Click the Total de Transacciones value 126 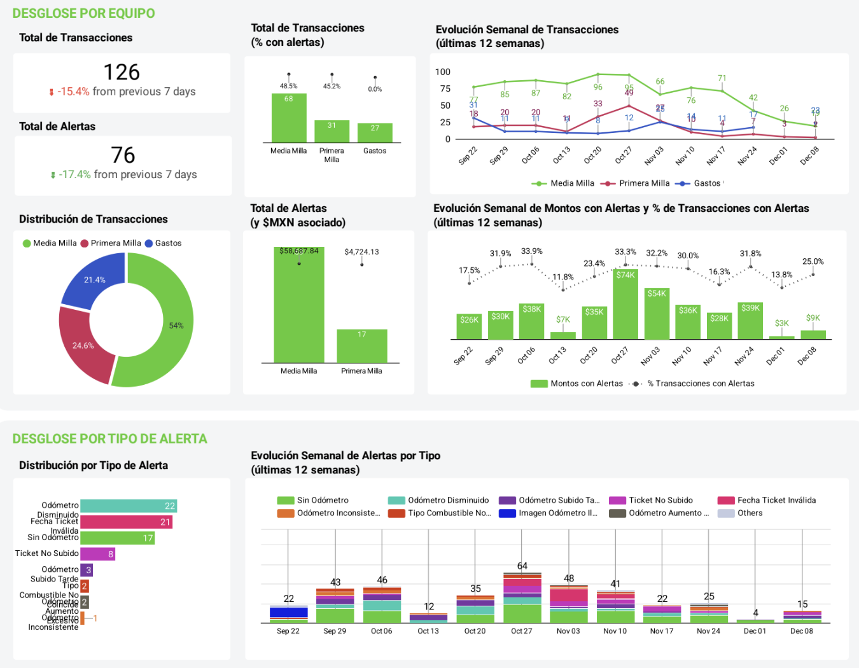point(122,73)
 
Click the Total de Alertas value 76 point(123,155)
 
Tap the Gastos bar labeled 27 point(375,133)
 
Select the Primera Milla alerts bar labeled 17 point(361,346)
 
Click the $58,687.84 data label point(299,251)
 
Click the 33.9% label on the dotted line point(532,251)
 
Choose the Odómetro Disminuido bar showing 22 point(129,506)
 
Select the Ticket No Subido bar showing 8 point(97,554)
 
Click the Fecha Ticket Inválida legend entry point(776,500)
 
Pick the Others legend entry point(749,513)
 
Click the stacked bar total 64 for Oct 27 point(522,566)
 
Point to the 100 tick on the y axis point(443,72)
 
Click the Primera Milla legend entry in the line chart point(643,183)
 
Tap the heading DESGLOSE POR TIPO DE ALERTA point(110,439)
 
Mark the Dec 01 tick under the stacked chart point(755,631)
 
